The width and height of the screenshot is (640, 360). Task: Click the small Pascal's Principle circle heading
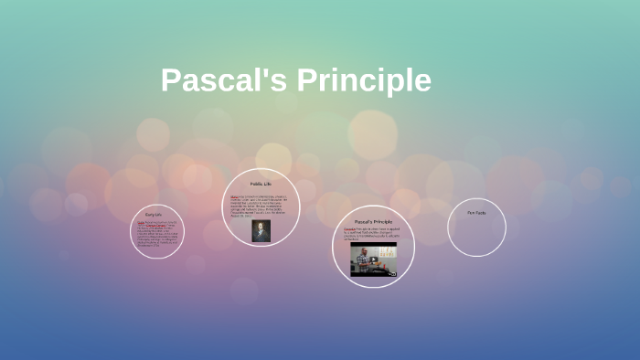[x=373, y=222]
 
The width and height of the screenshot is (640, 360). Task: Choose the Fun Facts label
[x=476, y=213]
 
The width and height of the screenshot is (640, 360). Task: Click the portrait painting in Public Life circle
[x=261, y=231]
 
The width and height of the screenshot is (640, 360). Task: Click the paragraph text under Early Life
[x=157, y=232]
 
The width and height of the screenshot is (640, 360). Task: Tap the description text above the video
[x=373, y=235]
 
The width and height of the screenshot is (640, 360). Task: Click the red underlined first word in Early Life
[x=141, y=222]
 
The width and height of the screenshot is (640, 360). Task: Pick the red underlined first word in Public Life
[x=235, y=196]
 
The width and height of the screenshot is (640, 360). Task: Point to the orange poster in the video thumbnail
[x=388, y=253]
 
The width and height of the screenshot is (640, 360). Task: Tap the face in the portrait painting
[x=261, y=227]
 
